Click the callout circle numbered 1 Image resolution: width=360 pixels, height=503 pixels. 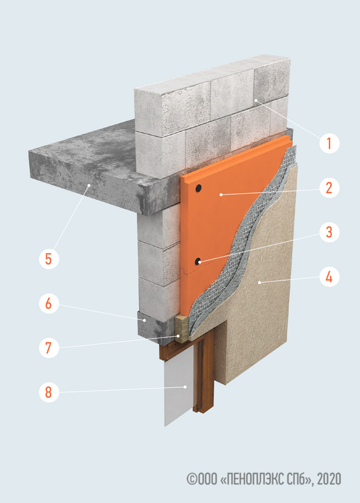(329, 143)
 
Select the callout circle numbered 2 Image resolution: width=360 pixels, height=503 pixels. (329, 188)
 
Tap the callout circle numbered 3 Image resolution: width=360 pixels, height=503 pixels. (329, 232)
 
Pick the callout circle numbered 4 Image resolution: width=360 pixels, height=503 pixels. (329, 277)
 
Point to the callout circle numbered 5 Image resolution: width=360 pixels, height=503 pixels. (49, 259)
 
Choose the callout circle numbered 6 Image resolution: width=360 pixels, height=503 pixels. (49, 303)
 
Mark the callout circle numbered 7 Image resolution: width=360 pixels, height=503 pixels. (49, 348)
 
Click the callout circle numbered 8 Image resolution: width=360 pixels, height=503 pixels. (49, 392)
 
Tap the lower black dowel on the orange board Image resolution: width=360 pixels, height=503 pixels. (198, 262)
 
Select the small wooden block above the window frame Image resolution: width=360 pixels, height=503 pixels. (182, 327)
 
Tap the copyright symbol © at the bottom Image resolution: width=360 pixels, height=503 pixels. (192, 479)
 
